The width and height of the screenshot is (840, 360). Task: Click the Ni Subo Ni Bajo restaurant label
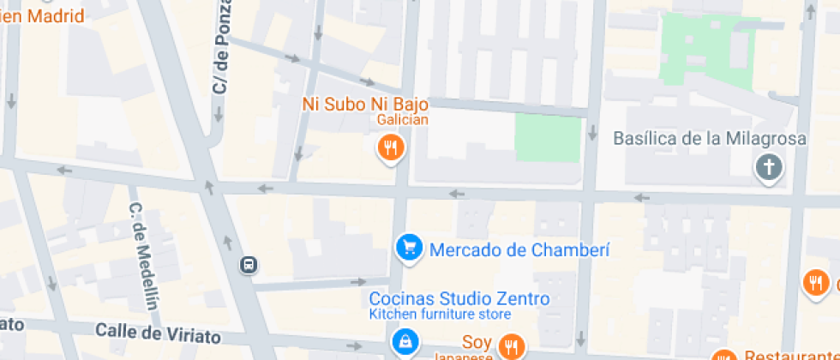click(365, 104)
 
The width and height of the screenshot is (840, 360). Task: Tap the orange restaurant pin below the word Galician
click(391, 147)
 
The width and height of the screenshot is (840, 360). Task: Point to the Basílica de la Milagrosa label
click(711, 138)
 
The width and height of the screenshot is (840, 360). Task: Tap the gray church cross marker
click(769, 166)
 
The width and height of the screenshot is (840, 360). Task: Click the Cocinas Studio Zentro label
click(459, 299)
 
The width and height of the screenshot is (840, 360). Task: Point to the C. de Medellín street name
click(144, 255)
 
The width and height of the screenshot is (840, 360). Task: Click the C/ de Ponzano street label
click(223, 57)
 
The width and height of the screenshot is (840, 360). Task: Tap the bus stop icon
click(248, 265)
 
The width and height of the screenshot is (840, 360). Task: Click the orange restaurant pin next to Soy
click(512, 345)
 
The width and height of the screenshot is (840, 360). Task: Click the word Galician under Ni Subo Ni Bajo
click(402, 120)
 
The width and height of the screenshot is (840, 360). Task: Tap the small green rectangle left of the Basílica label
click(548, 139)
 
